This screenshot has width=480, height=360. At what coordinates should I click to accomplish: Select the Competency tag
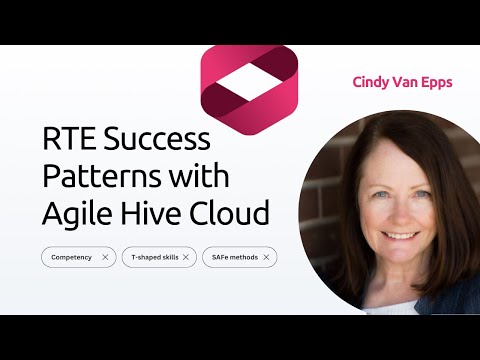[72, 257]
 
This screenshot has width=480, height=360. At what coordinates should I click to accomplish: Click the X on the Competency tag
[105, 257]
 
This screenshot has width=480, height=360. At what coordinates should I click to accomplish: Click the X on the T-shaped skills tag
[185, 257]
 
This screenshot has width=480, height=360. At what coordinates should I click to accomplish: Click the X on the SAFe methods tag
[266, 257]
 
